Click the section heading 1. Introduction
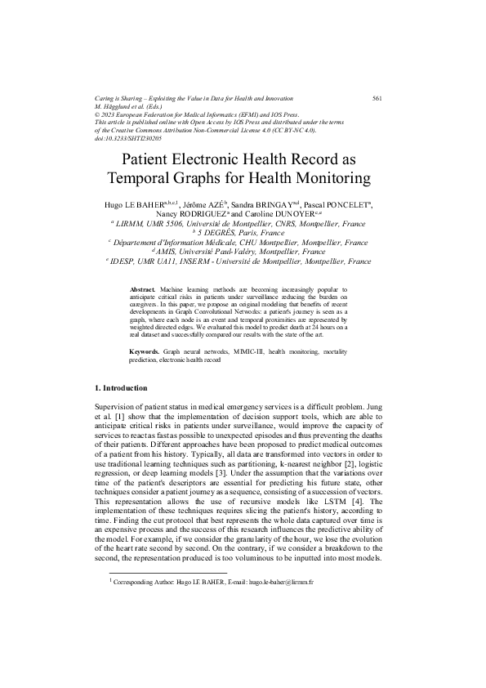(x=122, y=387)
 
